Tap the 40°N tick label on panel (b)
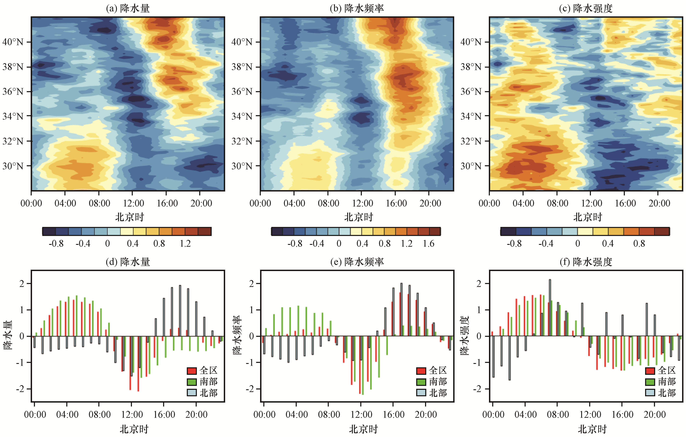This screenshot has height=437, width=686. point(242,42)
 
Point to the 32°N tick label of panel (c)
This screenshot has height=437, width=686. point(471,141)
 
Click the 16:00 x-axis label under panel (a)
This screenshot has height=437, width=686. point(167,203)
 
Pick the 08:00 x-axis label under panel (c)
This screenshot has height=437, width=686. point(557,203)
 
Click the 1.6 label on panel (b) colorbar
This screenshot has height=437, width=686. point(428,244)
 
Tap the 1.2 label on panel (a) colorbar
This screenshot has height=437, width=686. point(185,244)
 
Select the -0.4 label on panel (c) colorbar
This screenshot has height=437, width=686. point(546,244)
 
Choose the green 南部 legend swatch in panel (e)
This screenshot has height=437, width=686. point(421,382)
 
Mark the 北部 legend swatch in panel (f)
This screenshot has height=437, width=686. point(650,393)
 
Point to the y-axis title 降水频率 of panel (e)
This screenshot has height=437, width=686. point(237,336)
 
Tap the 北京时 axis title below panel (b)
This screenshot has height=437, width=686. point(359,217)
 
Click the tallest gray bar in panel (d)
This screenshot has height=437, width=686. point(180,311)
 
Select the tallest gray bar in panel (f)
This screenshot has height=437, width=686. point(550,308)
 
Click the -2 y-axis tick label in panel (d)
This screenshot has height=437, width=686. point(20,389)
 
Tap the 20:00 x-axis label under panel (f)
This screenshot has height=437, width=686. point(655,415)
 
